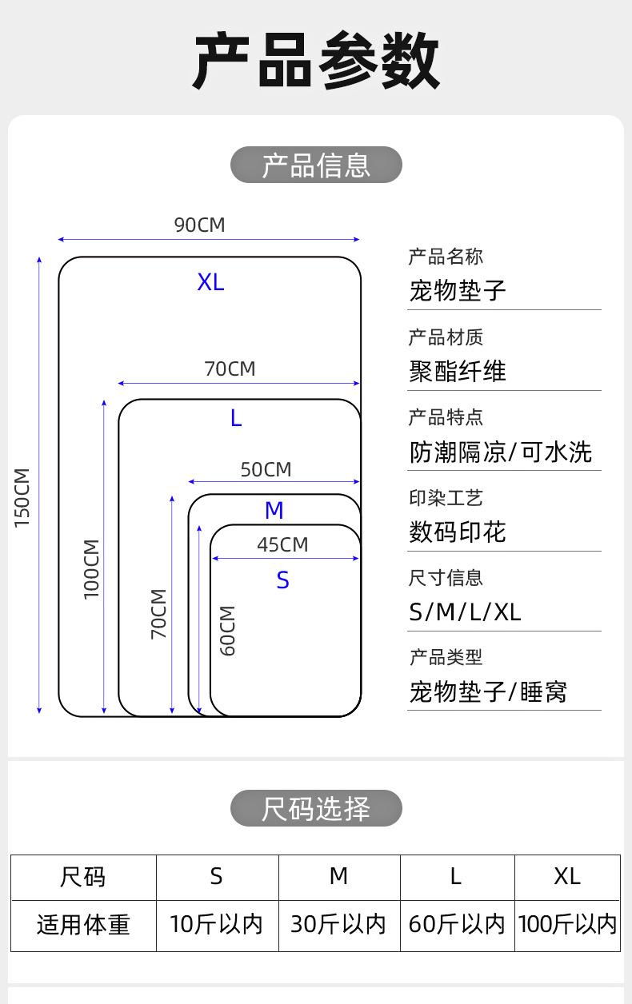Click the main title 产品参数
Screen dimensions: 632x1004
[x=316, y=60]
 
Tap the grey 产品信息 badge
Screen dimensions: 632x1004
[x=316, y=165]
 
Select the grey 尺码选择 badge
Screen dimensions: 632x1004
[x=316, y=808]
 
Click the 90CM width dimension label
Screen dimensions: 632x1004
[x=200, y=225]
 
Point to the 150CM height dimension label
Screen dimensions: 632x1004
[x=22, y=498]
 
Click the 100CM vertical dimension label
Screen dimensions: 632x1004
[x=91, y=569]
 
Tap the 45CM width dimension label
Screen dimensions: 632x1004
[x=282, y=545]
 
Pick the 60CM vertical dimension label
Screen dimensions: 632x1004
[x=227, y=631]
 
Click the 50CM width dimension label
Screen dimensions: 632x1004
[x=266, y=470]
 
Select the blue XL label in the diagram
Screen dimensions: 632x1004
[x=211, y=282]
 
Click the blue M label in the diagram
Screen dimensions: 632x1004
[x=274, y=511]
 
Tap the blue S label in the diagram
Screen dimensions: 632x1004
[x=282, y=580]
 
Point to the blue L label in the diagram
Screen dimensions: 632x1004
[x=236, y=418]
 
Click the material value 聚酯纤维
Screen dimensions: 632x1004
[x=458, y=371]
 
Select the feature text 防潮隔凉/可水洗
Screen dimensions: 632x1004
[x=501, y=452]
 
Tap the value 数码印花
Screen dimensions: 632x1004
[x=458, y=532]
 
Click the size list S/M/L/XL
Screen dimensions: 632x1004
[x=465, y=612]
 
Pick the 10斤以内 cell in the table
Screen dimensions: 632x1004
[x=216, y=924]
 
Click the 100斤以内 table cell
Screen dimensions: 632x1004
[x=568, y=924]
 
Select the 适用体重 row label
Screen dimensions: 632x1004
[x=83, y=925]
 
